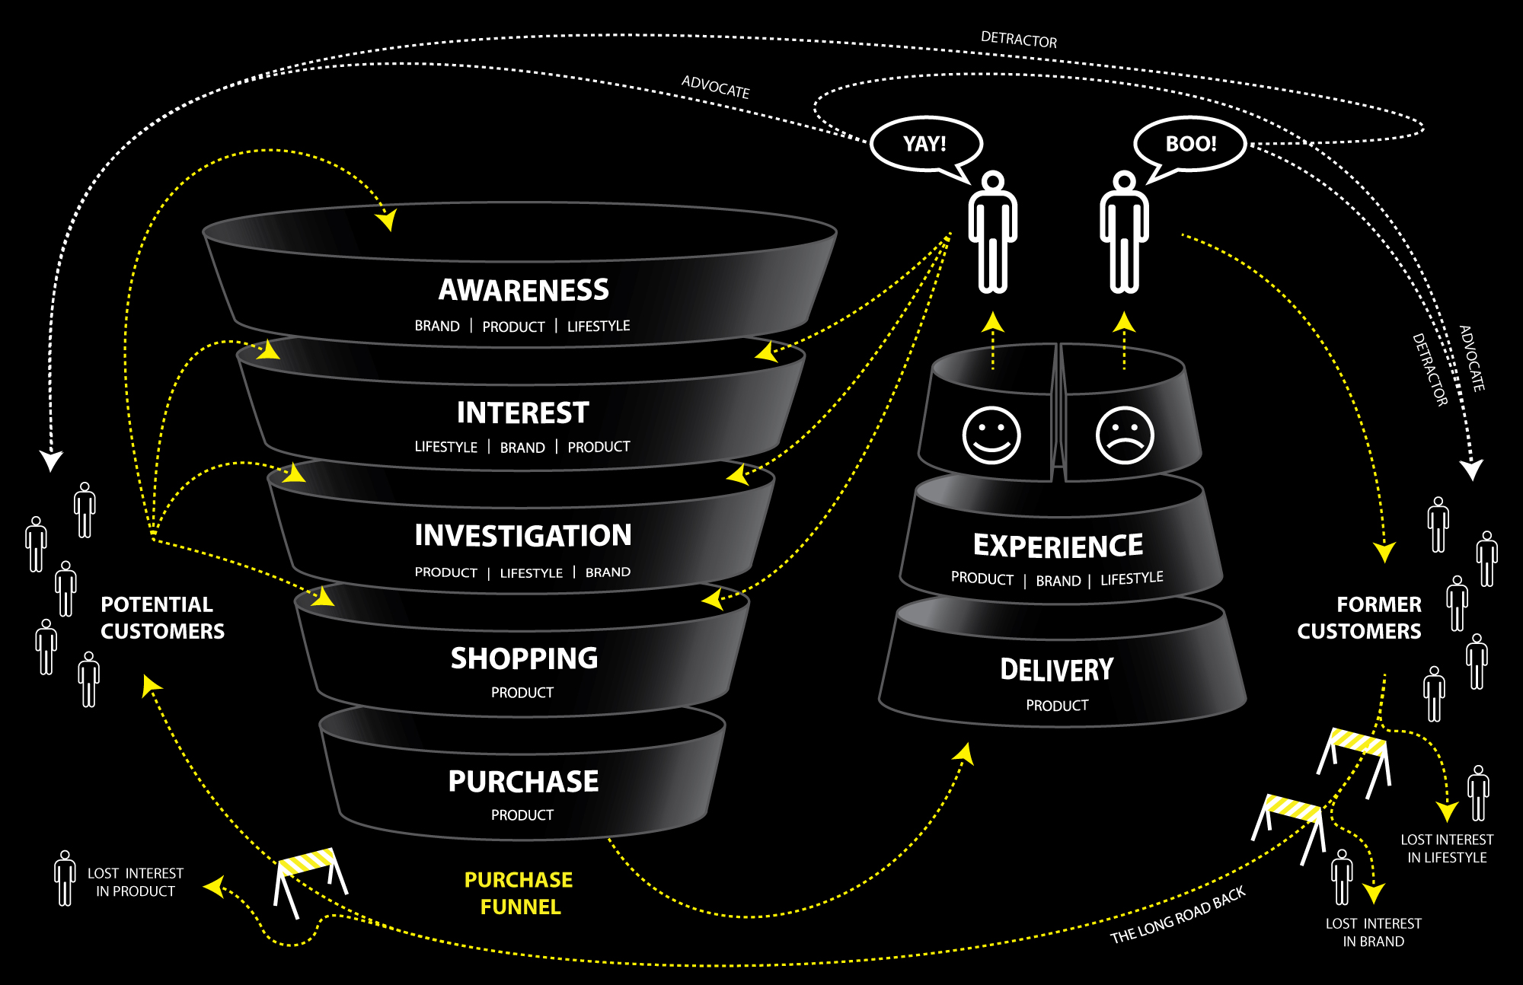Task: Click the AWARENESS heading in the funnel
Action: tap(523, 290)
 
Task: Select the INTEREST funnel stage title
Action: tap(522, 413)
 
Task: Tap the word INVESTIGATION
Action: tap(522, 535)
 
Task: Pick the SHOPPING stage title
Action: tap(524, 658)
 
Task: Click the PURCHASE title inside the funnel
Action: tap(523, 782)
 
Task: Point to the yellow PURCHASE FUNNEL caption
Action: tap(519, 893)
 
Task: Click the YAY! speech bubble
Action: tap(925, 144)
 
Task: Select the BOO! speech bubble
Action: tap(1190, 144)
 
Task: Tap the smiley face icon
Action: tap(991, 435)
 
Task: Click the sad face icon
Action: tap(1125, 435)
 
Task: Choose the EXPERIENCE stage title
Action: tap(1058, 546)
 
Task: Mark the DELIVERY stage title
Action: tap(1057, 670)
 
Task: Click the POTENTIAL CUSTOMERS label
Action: tap(162, 617)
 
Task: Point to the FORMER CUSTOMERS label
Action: tap(1359, 617)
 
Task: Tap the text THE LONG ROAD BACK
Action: tap(1177, 914)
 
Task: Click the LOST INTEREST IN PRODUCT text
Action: tap(135, 882)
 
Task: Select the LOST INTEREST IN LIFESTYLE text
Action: tap(1447, 848)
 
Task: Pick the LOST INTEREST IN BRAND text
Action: tap(1373, 932)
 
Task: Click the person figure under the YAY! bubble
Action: tap(992, 232)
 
